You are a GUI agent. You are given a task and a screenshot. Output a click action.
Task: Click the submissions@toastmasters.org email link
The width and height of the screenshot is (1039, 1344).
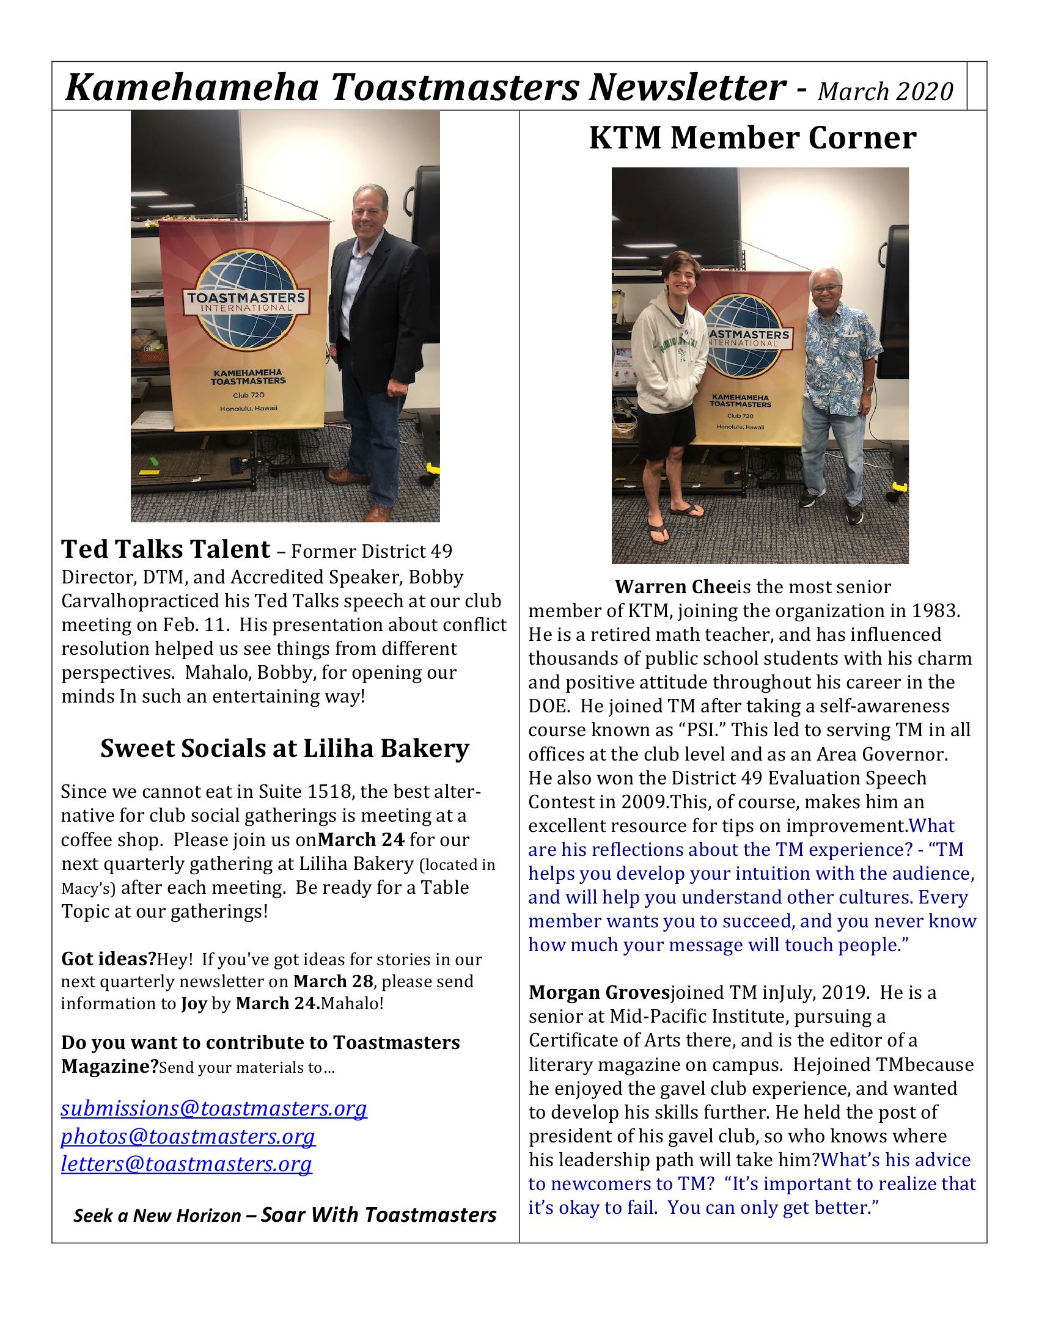click(x=213, y=1108)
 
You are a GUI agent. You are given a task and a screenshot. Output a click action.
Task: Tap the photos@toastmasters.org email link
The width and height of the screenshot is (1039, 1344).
click(x=188, y=1136)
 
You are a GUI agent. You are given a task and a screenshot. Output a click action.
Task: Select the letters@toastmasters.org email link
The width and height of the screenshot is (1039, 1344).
click(x=186, y=1164)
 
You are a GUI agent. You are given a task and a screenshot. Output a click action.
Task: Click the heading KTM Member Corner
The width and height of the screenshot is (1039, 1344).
click(x=752, y=138)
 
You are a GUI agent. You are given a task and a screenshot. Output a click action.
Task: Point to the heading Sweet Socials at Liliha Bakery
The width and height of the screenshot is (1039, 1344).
click(x=284, y=748)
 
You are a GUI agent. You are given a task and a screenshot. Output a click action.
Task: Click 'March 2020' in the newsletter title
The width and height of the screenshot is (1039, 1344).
click(x=885, y=92)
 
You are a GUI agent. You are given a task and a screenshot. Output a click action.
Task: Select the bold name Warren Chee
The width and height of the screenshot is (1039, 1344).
click(x=675, y=587)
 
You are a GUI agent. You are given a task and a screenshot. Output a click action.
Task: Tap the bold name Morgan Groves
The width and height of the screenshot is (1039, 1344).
click(x=598, y=993)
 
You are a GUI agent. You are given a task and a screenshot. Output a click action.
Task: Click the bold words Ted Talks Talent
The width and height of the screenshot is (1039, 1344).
click(x=166, y=549)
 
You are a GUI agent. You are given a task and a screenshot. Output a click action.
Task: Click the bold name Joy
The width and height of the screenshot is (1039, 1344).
click(x=193, y=1004)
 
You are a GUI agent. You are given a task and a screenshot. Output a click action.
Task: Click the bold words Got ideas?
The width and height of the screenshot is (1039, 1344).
click(x=108, y=959)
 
